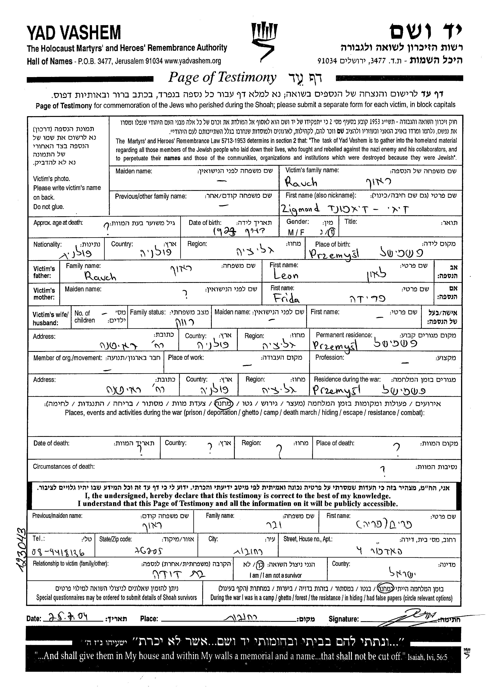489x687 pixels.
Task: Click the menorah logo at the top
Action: click(264, 41)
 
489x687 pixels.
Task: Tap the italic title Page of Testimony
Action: click(222, 77)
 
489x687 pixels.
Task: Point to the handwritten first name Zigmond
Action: click(300, 209)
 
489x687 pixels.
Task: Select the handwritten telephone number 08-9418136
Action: click(58, 552)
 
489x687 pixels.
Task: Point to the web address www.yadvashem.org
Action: click(193, 61)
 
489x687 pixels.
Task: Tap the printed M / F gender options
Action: click(296, 232)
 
